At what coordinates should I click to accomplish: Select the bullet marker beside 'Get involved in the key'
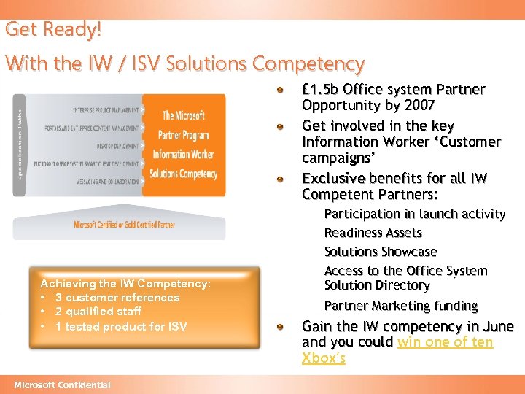280,125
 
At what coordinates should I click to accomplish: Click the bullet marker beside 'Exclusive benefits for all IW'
280,178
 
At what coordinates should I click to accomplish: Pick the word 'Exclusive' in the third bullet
333,179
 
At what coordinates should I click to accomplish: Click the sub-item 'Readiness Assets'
373,233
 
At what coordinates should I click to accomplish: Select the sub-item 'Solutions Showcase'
381,252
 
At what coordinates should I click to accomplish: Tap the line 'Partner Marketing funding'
400,306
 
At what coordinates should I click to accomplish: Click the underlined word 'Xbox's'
323,358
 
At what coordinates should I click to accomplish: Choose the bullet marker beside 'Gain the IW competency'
280,326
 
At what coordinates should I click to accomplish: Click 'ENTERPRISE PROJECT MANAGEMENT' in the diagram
106,110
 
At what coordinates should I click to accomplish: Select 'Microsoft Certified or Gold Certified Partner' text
124,225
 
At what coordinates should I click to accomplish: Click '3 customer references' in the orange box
117,298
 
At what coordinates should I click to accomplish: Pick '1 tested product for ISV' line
120,326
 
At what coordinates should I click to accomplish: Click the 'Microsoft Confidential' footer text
62,385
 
